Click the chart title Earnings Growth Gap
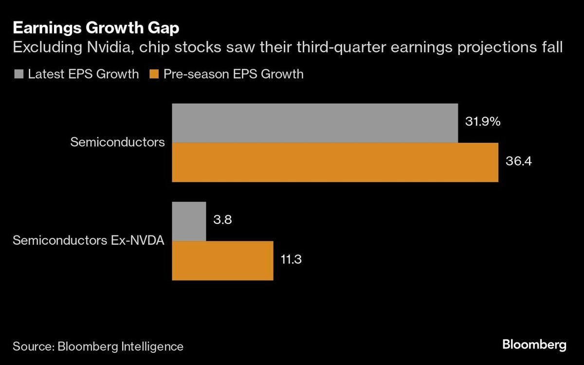click(96, 28)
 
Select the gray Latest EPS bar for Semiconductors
click(315, 123)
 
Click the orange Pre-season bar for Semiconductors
click(335, 163)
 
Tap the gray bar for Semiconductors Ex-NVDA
click(189, 221)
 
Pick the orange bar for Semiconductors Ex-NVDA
click(222, 260)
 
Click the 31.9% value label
click(483, 122)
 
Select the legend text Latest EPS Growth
click(83, 74)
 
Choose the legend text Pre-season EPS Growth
click(234, 74)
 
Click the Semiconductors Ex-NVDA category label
click(89, 240)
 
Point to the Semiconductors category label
click(117, 143)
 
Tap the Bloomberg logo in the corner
click(534, 345)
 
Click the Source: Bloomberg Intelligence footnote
click(98, 347)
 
